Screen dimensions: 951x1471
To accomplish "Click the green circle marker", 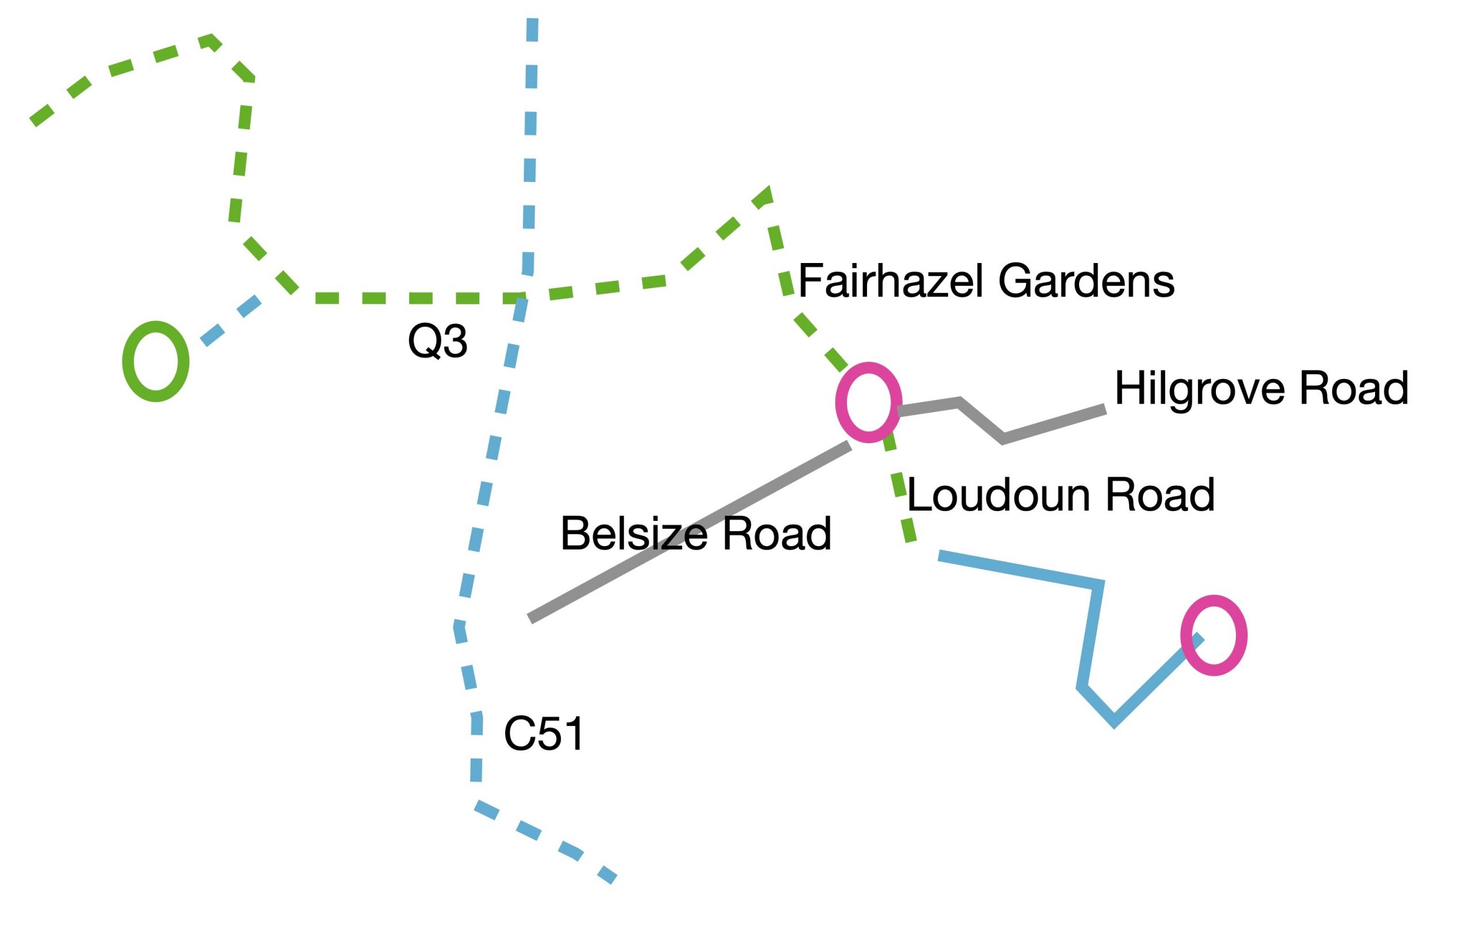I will pos(155,361).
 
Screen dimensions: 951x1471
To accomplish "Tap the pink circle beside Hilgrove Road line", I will pos(868,402).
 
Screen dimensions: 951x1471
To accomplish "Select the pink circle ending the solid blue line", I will pos(1214,635).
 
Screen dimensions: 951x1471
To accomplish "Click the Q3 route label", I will pos(437,341).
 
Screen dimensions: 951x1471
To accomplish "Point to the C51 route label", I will pos(544,734).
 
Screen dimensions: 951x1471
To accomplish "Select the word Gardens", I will pos(1086,281).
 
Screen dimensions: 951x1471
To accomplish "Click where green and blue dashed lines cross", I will pos(522,299).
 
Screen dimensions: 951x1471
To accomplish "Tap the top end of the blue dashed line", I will pos(533,20).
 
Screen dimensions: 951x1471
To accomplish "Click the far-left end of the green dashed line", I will pos(33,122).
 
